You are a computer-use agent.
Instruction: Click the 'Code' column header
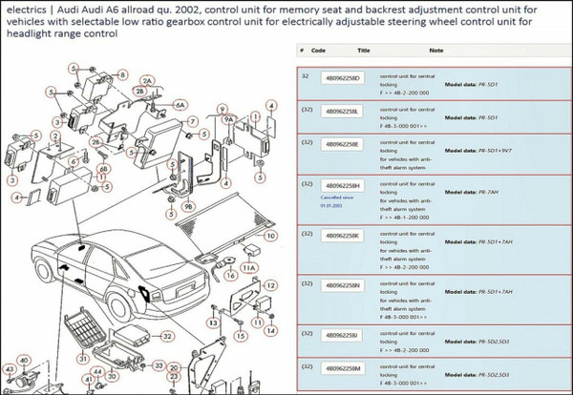coord(319,50)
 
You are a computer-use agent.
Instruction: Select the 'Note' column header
coord(435,50)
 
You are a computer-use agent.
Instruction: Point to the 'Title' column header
coord(364,50)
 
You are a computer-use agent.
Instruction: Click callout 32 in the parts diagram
coord(167,337)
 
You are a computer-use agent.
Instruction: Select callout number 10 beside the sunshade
coord(271,235)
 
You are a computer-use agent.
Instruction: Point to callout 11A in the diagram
coord(248,269)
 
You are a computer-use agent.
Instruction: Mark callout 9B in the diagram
coord(187,205)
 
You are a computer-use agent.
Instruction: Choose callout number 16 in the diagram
coord(229,276)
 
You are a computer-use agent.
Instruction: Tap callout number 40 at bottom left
coord(24,360)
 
